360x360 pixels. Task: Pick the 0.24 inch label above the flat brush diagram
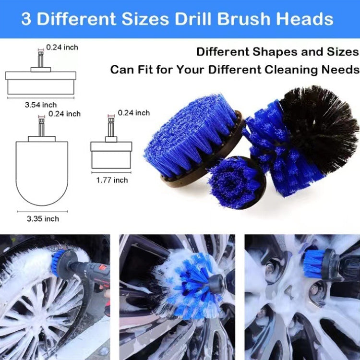coord(62,48)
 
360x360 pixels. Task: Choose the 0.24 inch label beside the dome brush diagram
coord(65,114)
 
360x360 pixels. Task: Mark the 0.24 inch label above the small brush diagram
coord(134,113)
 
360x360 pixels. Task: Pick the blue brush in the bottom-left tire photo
coord(60,263)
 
